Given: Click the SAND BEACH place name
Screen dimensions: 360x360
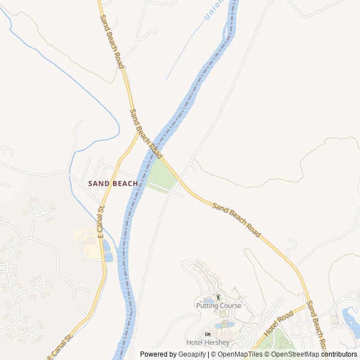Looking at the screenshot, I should [112, 183].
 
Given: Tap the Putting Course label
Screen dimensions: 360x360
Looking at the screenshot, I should [219, 306].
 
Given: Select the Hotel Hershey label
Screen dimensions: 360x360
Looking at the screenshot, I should [208, 343].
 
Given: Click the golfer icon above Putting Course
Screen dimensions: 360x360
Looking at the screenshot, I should [218, 297].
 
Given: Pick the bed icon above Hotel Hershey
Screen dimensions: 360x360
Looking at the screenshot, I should [208, 335].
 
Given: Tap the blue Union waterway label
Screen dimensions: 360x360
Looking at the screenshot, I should [214, 10].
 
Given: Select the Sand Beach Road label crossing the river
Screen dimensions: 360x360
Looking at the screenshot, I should [146, 133].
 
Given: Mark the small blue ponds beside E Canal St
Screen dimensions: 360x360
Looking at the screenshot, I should [107, 250].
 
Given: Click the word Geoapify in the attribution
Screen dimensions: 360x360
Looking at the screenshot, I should [191, 354].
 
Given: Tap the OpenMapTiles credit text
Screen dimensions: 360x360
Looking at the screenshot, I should [240, 354].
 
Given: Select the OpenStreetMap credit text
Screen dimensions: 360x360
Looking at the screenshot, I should [295, 354].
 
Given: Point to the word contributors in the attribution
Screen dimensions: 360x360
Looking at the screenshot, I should [339, 354].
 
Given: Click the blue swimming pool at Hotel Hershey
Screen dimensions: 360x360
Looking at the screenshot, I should [225, 325].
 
